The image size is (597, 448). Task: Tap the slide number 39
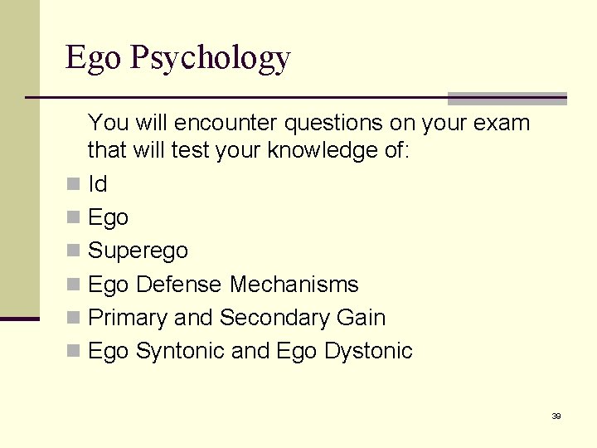(x=556, y=416)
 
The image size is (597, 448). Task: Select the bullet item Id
(x=98, y=183)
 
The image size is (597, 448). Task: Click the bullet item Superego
(x=138, y=251)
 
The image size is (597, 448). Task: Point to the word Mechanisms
(x=294, y=284)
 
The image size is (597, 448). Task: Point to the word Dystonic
(x=368, y=351)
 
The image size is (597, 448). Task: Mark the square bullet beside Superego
(x=74, y=251)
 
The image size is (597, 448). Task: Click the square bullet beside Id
(x=74, y=183)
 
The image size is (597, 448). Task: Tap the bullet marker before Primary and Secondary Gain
(x=74, y=318)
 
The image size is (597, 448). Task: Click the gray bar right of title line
(x=507, y=98)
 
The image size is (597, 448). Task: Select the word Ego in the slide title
(x=86, y=59)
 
